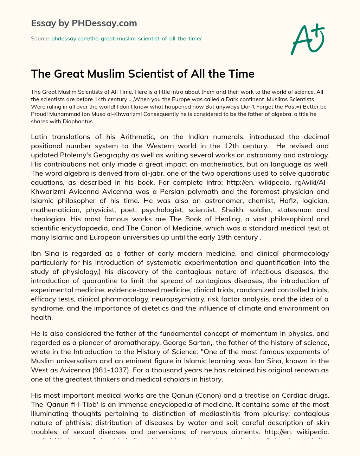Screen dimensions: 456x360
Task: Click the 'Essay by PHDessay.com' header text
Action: click(x=84, y=23)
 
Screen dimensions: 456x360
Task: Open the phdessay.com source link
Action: click(x=126, y=39)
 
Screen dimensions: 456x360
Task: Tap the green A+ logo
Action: click(x=307, y=39)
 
